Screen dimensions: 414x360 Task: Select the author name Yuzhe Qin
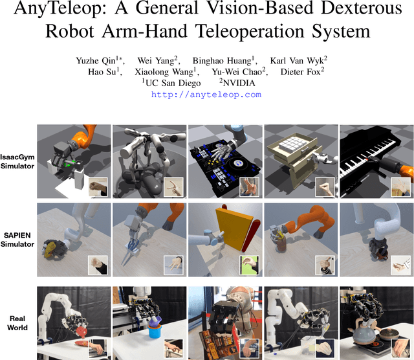pyautogui.click(x=96, y=61)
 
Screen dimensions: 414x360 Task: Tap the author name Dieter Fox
pyautogui.click(x=300, y=72)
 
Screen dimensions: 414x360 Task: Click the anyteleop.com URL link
pyautogui.click(x=206, y=95)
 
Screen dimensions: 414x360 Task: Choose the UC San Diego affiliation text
pyautogui.click(x=173, y=84)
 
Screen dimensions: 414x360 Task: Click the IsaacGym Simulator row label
pyautogui.click(x=17, y=161)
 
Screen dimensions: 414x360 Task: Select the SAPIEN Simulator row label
pyautogui.click(x=17, y=240)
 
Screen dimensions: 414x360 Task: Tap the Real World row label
pyautogui.click(x=17, y=323)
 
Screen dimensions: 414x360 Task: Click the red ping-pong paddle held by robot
pyautogui.click(x=82, y=332)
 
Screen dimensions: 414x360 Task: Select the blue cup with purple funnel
pyautogui.click(x=155, y=328)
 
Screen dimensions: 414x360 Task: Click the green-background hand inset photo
pyautogui.click(x=249, y=265)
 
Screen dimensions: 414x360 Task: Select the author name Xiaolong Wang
pyautogui.click(x=164, y=72)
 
